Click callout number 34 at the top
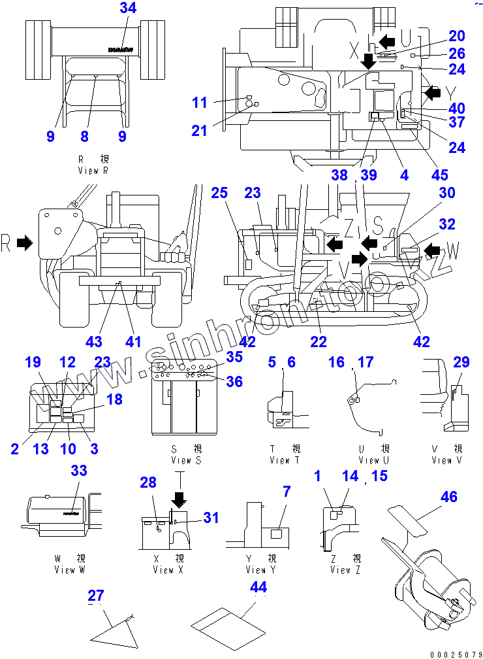click(x=128, y=8)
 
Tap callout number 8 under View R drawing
click(x=84, y=136)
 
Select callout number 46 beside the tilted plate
click(x=448, y=498)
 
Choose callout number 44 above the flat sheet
click(x=258, y=587)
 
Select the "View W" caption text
click(x=69, y=569)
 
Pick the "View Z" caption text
click(x=340, y=569)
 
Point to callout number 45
click(x=440, y=175)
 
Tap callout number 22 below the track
click(x=319, y=341)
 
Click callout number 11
click(x=200, y=103)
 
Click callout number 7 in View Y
click(x=286, y=491)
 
